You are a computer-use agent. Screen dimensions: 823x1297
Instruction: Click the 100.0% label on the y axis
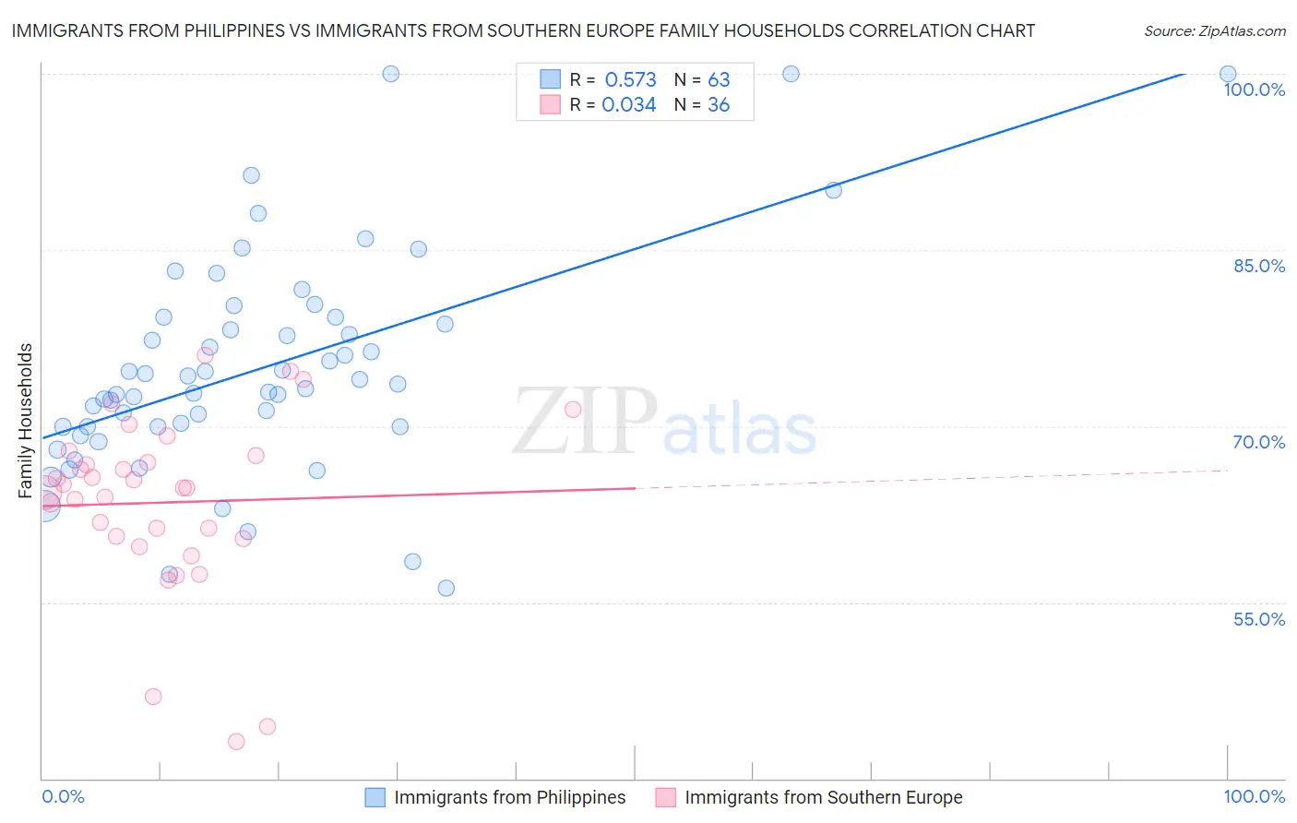coord(1254,89)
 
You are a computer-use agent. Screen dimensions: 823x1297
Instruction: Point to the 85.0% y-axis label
coord(1259,266)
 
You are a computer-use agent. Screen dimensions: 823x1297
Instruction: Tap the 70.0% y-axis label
coord(1259,442)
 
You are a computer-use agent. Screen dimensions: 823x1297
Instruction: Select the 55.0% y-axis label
coord(1259,619)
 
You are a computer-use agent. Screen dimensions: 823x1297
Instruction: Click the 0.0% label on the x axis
coord(63,796)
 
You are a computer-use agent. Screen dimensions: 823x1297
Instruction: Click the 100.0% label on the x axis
coord(1254,796)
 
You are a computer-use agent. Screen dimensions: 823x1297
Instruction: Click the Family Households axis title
coord(26,421)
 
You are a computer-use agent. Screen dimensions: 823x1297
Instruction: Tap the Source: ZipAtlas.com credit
coord(1214,31)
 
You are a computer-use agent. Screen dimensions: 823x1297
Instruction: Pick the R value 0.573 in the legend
coord(630,79)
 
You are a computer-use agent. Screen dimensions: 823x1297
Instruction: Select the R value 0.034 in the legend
coord(628,105)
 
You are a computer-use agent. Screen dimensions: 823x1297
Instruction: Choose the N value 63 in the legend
coord(719,79)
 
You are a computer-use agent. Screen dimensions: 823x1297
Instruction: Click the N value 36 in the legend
coord(719,105)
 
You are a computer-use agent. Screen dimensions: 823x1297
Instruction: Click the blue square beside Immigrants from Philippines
coord(375,797)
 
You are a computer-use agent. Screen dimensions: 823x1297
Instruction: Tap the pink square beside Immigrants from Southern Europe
coord(665,797)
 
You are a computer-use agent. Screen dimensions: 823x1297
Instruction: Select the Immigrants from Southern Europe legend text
coord(823,797)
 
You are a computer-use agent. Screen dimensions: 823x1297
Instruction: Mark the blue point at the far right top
coord(1228,74)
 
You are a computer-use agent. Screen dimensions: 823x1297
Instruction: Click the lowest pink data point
coord(236,742)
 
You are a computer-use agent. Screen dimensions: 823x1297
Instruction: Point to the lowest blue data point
coord(446,588)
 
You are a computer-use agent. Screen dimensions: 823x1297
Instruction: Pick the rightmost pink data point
coord(573,410)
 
